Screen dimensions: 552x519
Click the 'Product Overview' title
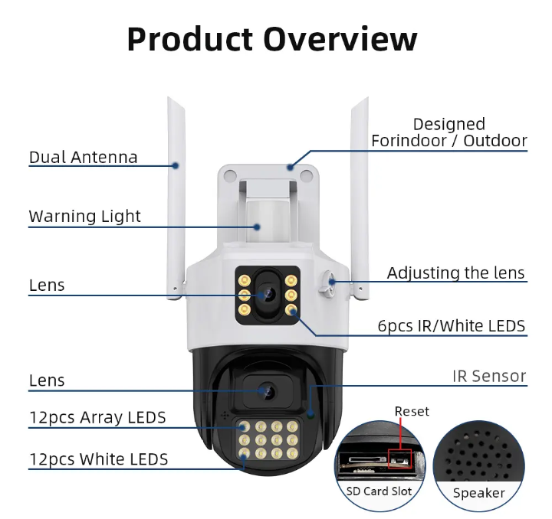click(271, 39)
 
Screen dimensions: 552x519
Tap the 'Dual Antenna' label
click(83, 157)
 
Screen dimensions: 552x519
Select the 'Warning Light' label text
click(84, 216)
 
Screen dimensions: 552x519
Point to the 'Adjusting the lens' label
click(455, 273)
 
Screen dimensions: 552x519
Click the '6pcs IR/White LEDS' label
click(452, 326)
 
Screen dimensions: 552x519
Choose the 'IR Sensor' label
click(489, 376)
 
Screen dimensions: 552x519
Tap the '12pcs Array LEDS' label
click(97, 417)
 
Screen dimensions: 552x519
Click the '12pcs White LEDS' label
click(99, 459)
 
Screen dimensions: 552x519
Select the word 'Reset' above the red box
click(412, 411)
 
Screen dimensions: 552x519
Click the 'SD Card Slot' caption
click(379, 491)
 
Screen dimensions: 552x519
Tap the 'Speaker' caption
click(478, 493)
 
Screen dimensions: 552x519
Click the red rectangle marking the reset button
click(399, 459)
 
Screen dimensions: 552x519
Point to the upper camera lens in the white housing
click(267, 294)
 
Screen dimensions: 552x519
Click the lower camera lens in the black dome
click(267, 390)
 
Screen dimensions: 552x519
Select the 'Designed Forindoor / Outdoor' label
click(449, 132)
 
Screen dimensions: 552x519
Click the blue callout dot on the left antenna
click(176, 165)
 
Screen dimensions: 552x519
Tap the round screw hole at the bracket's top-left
click(229, 175)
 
